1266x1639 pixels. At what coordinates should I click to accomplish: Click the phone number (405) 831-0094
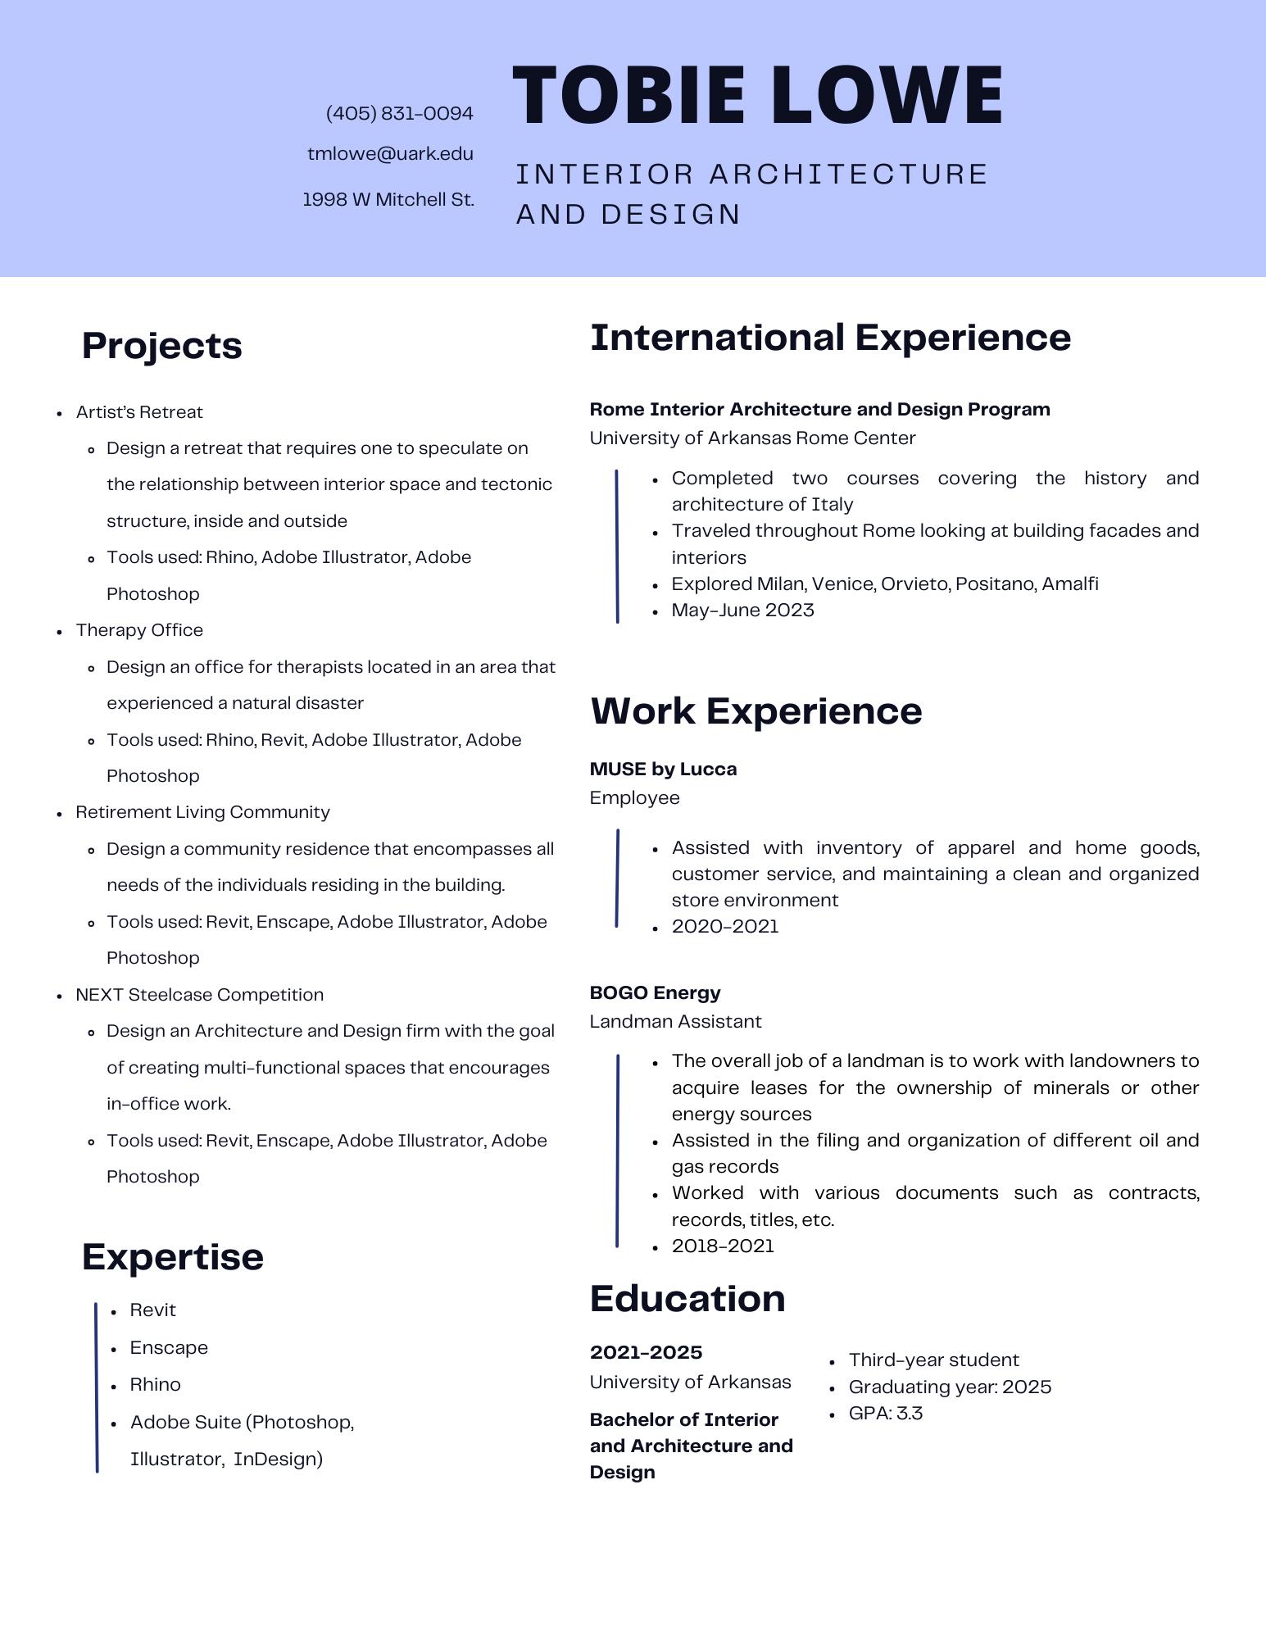pos(399,113)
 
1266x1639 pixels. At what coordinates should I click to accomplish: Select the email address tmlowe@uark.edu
pos(390,154)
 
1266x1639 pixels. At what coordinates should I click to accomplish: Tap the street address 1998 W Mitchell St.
pos(388,199)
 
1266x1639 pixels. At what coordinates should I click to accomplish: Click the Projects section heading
pos(161,345)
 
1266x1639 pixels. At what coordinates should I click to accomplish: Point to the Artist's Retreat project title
pos(139,412)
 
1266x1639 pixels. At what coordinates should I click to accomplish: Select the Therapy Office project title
pos(139,630)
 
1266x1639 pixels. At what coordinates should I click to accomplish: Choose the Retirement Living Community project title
pos(202,812)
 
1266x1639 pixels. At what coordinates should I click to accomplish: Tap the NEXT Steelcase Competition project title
pos(199,995)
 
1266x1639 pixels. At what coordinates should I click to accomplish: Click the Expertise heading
pos(172,1256)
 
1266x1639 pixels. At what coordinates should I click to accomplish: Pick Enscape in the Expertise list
pos(169,1347)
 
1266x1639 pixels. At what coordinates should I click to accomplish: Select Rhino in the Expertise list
pos(155,1384)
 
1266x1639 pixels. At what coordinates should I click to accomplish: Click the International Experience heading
pos(830,338)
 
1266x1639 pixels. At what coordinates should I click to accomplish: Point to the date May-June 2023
pos(742,611)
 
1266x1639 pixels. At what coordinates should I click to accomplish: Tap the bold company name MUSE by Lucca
pos(663,770)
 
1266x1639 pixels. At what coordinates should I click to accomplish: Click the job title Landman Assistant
pos(675,1022)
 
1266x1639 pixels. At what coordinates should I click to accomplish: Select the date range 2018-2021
pos(723,1246)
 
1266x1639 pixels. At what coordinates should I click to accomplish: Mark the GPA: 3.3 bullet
pos(885,1413)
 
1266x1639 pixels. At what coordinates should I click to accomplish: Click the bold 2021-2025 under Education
pos(646,1352)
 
